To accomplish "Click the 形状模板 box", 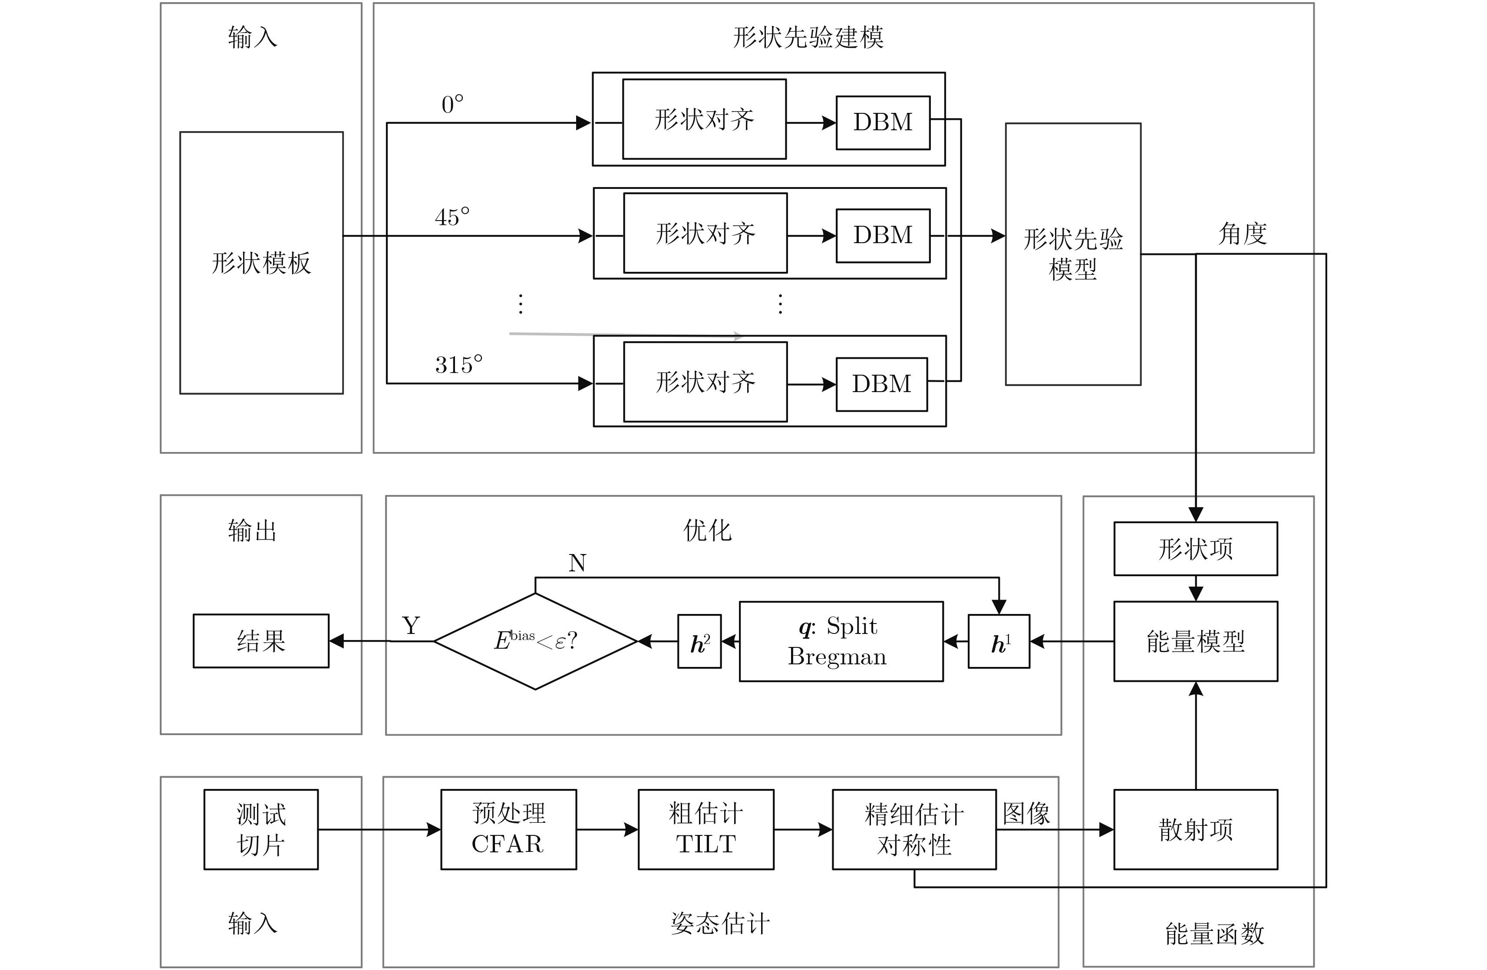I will pos(261,263).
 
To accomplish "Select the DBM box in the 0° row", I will pos(883,122).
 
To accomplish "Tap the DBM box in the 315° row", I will pos(882,384).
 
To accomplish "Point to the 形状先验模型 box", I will pos(1073,254).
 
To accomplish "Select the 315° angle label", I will pos(458,364).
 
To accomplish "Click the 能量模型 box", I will pos(1195,641).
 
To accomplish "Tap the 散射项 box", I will pos(1195,829).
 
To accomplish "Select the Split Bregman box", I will pos(841,641).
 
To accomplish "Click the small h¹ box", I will pos(999,642).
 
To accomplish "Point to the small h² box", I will pos(699,642).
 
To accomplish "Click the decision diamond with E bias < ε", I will pos(535,641).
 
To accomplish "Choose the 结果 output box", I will pos(261,641).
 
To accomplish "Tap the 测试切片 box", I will pos(261,829).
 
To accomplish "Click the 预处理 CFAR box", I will pos(508,829).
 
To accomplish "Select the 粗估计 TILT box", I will pos(706,829).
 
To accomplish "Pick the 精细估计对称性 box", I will pos(914,829).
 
